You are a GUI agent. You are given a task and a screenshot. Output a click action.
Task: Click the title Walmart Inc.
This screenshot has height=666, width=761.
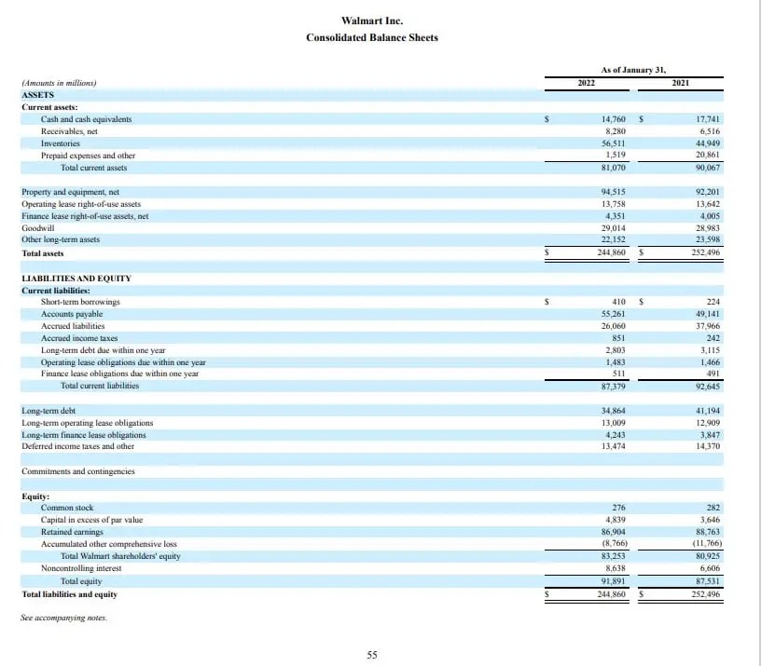[x=372, y=20]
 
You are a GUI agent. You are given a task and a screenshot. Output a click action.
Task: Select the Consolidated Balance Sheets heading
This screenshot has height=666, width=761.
[x=372, y=37]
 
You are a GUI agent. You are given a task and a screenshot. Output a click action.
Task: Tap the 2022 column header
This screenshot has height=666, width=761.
[x=587, y=83]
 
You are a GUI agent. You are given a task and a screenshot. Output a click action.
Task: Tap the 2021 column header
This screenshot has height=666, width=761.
[x=681, y=83]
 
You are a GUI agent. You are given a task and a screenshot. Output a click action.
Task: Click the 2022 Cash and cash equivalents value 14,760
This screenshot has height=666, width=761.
[x=613, y=119]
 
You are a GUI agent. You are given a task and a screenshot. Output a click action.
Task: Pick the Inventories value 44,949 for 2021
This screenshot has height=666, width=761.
[x=708, y=143]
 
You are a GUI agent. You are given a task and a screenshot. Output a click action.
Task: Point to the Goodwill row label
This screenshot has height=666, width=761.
[x=37, y=228]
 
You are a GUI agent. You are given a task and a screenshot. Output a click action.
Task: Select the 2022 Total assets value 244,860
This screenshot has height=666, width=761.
[x=611, y=252]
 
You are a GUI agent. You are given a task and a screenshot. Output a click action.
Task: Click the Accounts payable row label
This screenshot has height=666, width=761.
[x=72, y=314]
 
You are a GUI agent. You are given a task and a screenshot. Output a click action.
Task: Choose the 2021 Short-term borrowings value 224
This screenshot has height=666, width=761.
[x=713, y=302]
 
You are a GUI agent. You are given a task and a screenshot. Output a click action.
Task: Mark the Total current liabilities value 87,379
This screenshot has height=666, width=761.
[x=613, y=386]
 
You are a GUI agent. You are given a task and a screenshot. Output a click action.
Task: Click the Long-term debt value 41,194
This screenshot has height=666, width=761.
[x=708, y=411]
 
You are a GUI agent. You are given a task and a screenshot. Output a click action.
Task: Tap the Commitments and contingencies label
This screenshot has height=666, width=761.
[x=77, y=471]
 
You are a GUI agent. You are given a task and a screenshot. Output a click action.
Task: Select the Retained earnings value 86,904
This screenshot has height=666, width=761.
[x=613, y=532]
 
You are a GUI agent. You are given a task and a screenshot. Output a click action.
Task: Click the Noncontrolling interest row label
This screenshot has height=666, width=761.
[x=81, y=568]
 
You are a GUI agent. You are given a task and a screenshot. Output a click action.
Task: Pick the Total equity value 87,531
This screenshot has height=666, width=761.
[x=708, y=581]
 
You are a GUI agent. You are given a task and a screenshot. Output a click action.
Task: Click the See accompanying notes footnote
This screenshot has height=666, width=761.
[x=63, y=618]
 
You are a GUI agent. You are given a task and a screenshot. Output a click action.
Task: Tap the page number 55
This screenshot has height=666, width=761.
[x=372, y=655]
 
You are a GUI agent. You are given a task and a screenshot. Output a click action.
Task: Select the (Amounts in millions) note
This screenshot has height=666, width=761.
[x=59, y=83]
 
